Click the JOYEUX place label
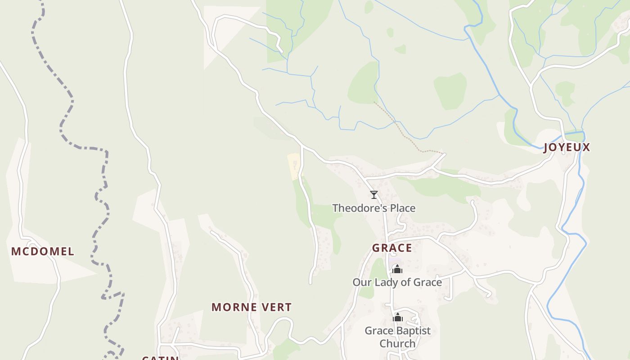coord(567,148)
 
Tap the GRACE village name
coord(391,248)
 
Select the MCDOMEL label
coord(43,252)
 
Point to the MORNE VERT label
coord(252,307)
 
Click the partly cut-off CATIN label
coord(160,358)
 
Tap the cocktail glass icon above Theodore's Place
coord(373,195)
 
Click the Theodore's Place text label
coord(373,208)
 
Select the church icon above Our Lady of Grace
coord(397,269)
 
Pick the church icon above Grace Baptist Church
coord(397,318)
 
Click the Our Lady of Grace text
coord(397,283)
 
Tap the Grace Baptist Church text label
coord(397,337)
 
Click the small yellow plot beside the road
coord(294,166)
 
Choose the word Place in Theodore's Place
coord(402,208)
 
